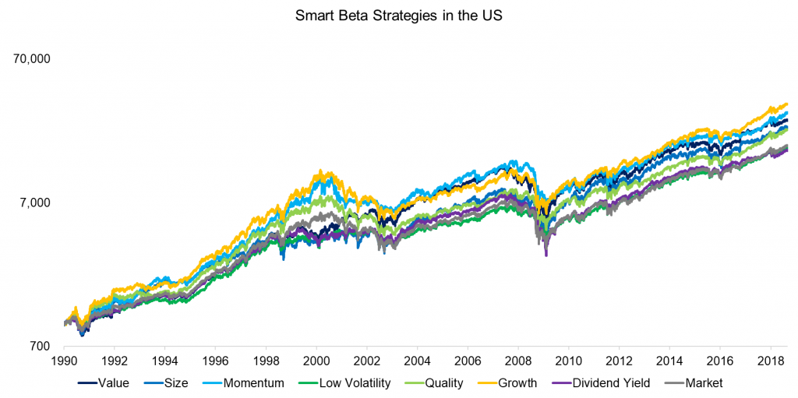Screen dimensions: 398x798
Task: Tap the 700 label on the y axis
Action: (40, 347)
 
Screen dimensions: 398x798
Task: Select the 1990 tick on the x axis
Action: (64, 361)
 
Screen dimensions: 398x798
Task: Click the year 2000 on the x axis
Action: (316, 361)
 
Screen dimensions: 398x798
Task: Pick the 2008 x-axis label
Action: (517, 361)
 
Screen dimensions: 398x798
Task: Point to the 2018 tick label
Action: (770, 361)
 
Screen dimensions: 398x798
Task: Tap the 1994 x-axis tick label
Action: (164, 361)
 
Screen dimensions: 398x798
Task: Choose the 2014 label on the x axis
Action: (669, 361)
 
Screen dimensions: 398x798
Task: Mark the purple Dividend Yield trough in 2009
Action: (546, 255)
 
